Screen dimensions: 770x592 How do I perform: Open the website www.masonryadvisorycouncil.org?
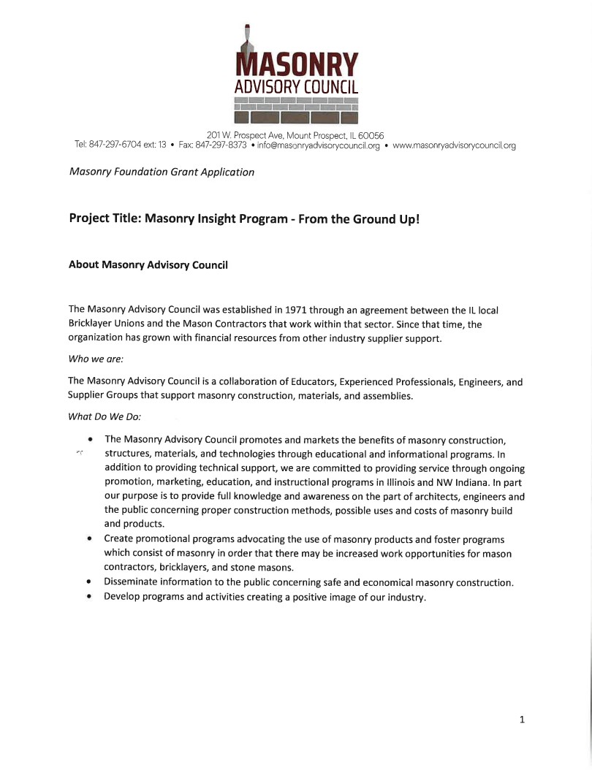coord(454,145)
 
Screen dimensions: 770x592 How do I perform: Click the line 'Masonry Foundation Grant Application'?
coord(162,172)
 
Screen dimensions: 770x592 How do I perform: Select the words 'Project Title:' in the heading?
coord(105,218)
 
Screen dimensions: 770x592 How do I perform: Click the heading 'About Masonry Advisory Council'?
coord(148,264)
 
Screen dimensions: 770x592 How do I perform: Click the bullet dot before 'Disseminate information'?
coord(88,582)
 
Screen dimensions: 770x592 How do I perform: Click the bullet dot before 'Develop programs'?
coord(88,598)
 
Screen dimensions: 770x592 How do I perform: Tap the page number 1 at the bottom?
coord(522,720)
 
